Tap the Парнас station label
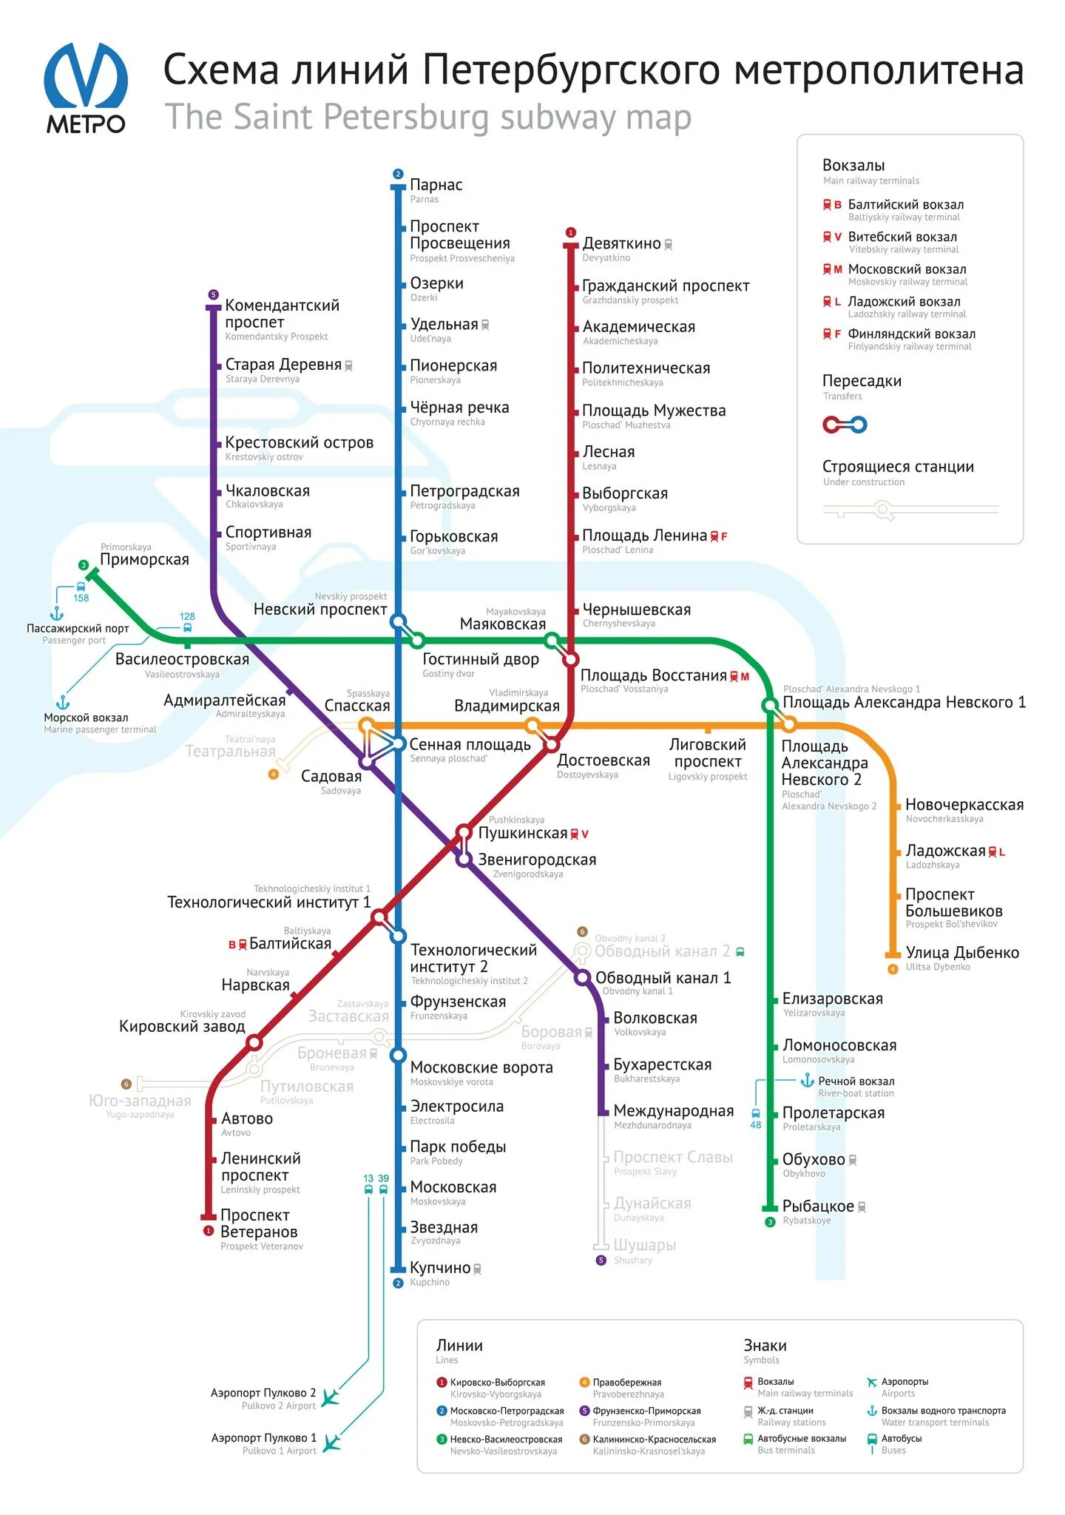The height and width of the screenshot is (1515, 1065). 436,185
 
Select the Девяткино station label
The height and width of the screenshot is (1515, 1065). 621,243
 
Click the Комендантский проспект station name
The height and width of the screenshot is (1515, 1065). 282,314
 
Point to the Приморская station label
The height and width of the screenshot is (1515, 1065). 144,559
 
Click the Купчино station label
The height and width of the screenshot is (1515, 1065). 440,1267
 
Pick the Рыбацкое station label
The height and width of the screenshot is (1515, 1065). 818,1206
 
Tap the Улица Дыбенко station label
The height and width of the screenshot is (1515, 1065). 962,953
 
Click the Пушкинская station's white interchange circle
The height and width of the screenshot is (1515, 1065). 464,831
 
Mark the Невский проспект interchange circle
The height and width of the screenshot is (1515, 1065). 398,621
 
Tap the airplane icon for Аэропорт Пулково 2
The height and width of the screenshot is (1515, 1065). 331,1397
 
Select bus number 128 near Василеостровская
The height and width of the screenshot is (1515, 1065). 187,616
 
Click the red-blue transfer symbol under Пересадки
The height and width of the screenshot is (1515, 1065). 845,425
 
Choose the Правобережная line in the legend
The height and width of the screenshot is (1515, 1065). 626,1382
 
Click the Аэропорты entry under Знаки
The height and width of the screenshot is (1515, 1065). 904,1382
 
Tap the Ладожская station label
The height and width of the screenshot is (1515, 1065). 945,851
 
